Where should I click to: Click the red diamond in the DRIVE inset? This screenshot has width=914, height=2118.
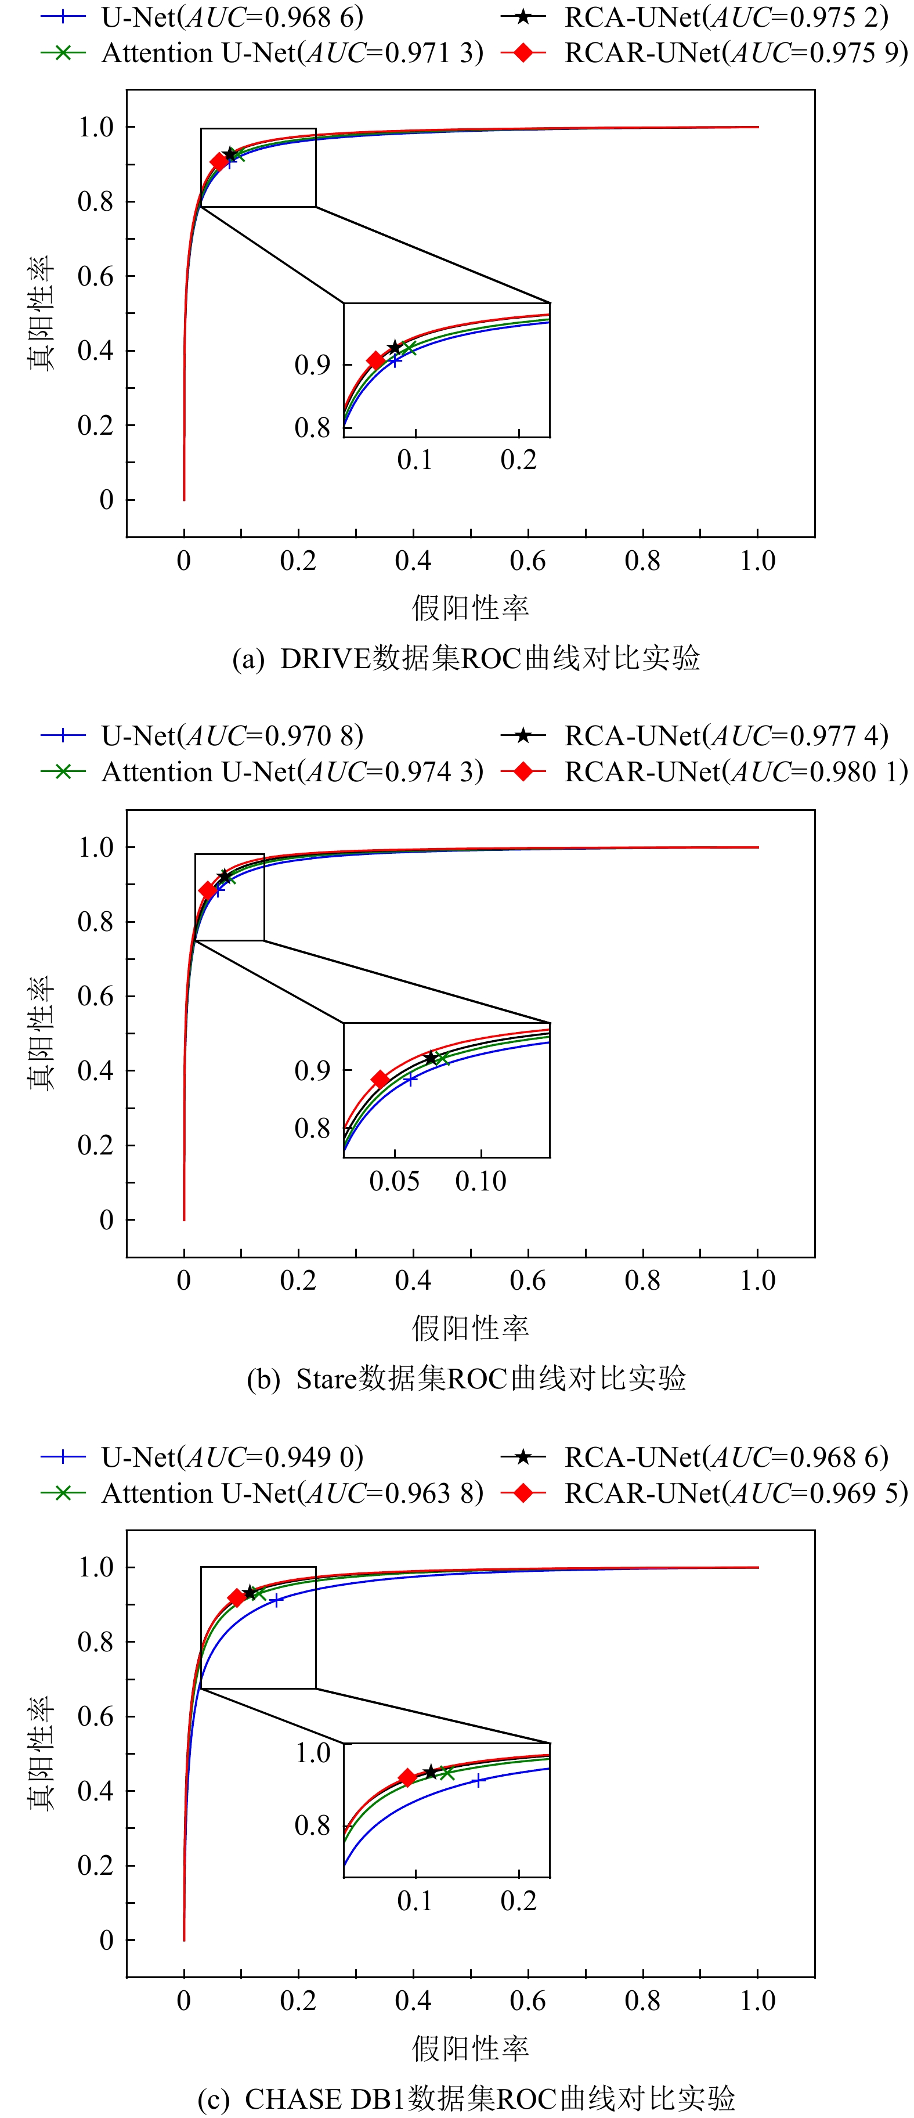(375, 360)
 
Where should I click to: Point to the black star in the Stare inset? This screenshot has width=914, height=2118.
(431, 1058)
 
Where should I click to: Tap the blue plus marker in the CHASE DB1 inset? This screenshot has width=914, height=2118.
(478, 1780)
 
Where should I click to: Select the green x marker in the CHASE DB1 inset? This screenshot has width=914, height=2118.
(446, 1773)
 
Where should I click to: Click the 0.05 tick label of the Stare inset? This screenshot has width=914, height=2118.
(395, 1182)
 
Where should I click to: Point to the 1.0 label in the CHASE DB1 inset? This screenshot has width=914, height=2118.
(313, 1753)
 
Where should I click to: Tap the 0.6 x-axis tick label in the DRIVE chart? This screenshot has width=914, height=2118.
(528, 561)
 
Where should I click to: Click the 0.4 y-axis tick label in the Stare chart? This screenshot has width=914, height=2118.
(95, 1070)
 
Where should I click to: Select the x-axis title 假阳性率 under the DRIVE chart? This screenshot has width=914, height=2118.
(470, 608)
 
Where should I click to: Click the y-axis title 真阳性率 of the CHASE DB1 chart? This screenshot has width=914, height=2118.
(41, 1753)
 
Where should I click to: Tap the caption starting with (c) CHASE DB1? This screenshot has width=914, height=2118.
(466, 2098)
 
